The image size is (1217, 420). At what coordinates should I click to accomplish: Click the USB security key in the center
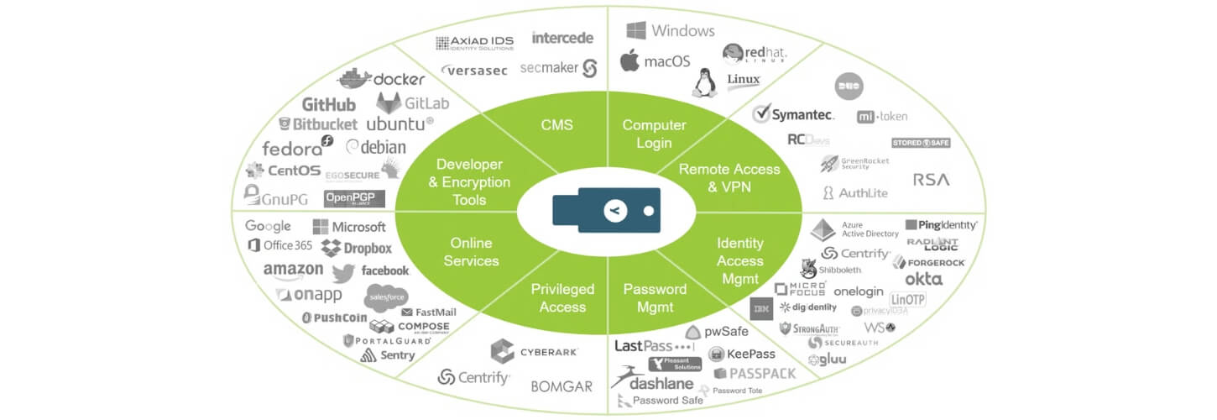click(x=606, y=210)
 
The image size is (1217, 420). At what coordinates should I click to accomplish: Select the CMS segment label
click(x=556, y=125)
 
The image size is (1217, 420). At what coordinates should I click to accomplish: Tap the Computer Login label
click(x=654, y=134)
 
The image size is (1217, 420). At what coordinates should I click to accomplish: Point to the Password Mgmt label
click(x=655, y=298)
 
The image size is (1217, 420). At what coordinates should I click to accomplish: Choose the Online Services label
click(x=471, y=252)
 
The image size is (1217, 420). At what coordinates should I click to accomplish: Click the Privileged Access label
click(x=562, y=298)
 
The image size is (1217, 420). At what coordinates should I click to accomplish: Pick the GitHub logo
click(x=329, y=105)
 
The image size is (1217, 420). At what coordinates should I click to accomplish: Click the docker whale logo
click(x=354, y=78)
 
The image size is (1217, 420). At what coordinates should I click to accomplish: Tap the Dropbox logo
click(x=357, y=249)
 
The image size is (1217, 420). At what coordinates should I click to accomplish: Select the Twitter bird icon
click(x=343, y=273)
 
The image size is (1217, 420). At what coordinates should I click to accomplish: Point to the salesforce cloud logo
click(x=386, y=297)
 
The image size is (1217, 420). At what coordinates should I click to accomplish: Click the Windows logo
click(x=637, y=31)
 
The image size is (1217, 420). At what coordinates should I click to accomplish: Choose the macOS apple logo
click(x=629, y=60)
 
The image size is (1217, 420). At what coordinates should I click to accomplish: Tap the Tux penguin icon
click(x=702, y=82)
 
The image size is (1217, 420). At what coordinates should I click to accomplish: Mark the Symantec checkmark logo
click(x=762, y=113)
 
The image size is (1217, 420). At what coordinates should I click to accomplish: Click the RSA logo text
click(x=932, y=180)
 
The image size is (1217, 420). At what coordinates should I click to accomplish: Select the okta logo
click(x=923, y=279)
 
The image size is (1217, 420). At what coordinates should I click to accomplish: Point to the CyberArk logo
click(x=503, y=351)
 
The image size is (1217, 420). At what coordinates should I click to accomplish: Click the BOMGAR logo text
click(x=561, y=386)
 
